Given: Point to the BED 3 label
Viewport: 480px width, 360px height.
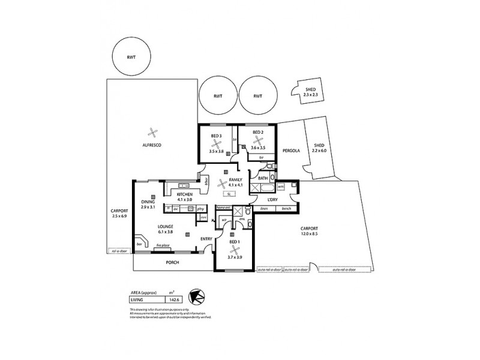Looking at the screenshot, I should click(x=217, y=137).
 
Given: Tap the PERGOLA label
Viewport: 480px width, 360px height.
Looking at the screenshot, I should click(x=293, y=151).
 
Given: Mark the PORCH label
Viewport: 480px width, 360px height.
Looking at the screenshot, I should click(x=173, y=262).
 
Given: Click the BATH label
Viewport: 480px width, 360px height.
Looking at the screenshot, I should click(x=263, y=179).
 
